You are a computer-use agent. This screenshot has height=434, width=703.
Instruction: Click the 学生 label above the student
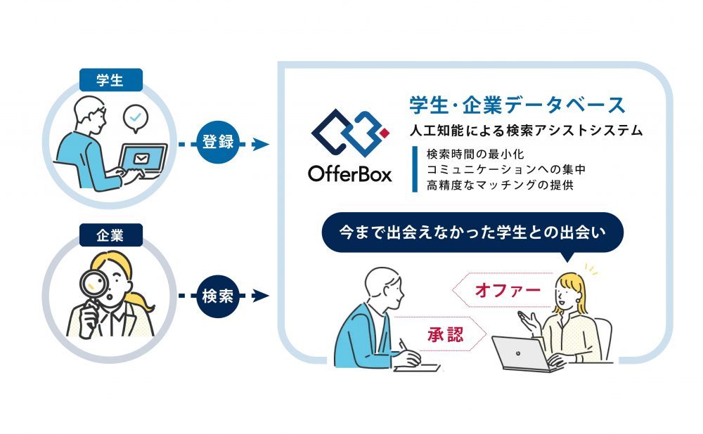coord(111,80)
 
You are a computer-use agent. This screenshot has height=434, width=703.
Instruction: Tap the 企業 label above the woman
coord(111,235)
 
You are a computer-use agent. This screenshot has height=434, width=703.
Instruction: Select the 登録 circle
coord(218,142)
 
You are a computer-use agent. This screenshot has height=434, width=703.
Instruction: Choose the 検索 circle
coord(218,296)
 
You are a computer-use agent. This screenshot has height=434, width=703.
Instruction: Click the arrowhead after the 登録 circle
coord(261,144)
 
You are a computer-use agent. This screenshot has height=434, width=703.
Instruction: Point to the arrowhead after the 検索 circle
coord(261,296)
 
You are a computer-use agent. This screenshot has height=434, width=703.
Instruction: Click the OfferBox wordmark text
coord(349,173)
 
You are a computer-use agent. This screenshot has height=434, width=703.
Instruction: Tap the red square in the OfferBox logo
coord(385,133)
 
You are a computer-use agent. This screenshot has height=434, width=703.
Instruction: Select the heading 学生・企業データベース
coord(517,105)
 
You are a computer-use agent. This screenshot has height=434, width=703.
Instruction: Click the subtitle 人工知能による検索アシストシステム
coord(527,131)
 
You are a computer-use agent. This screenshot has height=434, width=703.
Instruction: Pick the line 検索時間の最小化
coord(475,154)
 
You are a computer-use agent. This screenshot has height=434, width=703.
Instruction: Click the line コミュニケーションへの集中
coord(506,169)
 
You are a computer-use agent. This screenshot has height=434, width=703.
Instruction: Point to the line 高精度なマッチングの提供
coord(500,185)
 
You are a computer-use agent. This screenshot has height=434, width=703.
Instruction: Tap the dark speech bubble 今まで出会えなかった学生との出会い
coord(472,232)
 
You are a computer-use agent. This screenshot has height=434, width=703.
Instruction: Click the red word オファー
coord(508,290)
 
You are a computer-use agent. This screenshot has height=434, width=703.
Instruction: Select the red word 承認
coord(445,334)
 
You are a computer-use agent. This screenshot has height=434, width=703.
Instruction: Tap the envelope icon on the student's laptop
coord(142,158)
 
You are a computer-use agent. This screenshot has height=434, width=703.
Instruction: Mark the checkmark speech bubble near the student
coord(136,118)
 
